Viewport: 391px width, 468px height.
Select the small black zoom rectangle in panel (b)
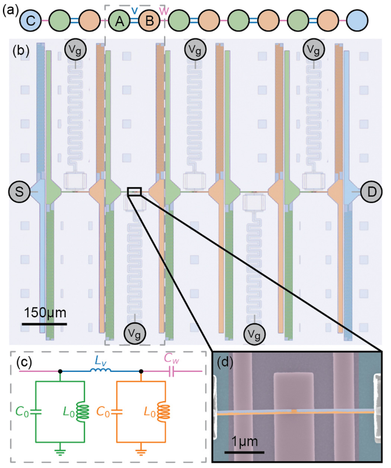134,192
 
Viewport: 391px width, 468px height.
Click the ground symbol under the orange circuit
141,449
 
